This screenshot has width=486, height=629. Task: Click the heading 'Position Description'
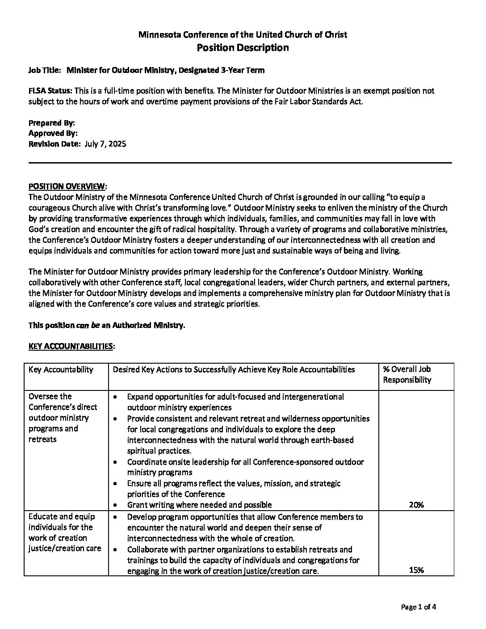pyautogui.click(x=243, y=47)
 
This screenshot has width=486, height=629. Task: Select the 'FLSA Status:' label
pyautogui.click(x=47, y=91)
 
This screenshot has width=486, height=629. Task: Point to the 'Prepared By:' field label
pyautogui.click(x=51, y=123)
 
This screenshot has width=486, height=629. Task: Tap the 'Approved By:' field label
pyautogui.click(x=53, y=133)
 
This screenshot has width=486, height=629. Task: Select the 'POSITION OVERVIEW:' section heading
pyautogui.click(x=68, y=186)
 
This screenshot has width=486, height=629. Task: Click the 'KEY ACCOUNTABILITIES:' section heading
pyautogui.click(x=71, y=346)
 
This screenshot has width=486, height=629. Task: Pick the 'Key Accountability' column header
pyautogui.click(x=61, y=369)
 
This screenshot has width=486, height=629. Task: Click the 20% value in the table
pyautogui.click(x=416, y=505)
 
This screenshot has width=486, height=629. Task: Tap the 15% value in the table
pyautogui.click(x=416, y=570)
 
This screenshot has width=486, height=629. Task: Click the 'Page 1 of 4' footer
pyautogui.click(x=418, y=607)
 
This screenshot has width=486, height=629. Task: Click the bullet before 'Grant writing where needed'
pyautogui.click(x=116, y=505)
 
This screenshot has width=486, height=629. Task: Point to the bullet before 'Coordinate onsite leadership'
pyautogui.click(x=116, y=462)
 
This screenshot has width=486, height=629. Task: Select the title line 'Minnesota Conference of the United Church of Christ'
pyautogui.click(x=243, y=34)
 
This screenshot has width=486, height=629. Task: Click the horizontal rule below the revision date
pyautogui.click(x=240, y=163)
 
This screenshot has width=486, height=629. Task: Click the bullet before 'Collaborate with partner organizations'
pyautogui.click(x=116, y=549)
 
